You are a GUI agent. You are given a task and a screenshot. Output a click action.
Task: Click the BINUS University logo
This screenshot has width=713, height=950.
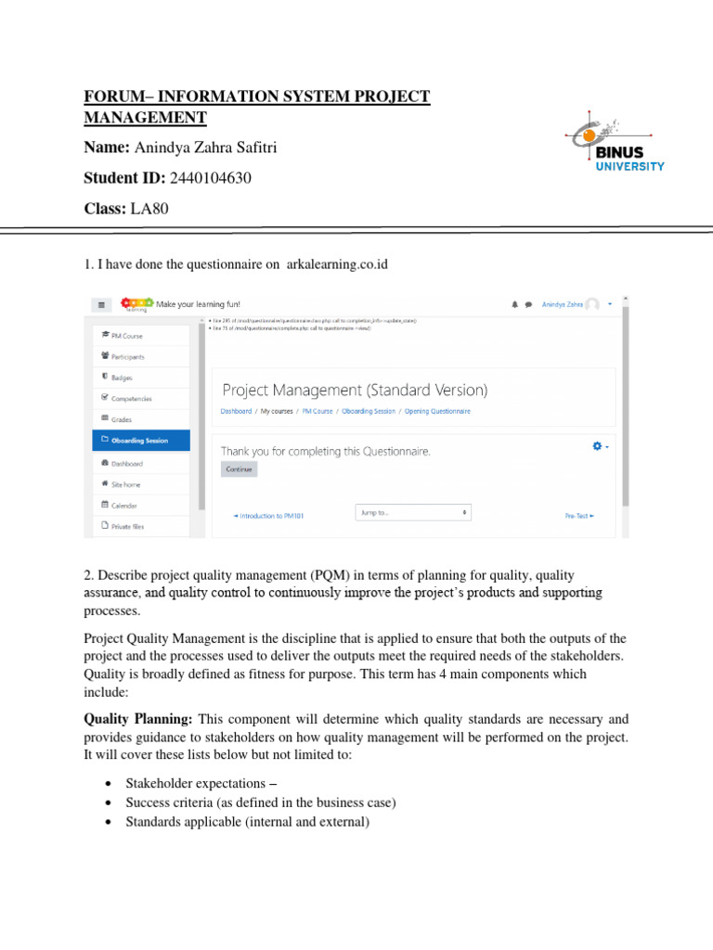[616, 148]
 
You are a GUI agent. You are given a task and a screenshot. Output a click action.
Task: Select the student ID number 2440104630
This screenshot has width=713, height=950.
[211, 177]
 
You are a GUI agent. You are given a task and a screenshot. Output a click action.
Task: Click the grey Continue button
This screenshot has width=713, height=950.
[240, 469]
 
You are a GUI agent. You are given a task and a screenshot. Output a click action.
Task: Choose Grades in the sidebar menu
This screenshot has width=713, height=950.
[122, 419]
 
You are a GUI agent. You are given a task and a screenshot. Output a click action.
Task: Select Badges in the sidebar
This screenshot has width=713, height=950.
[122, 378]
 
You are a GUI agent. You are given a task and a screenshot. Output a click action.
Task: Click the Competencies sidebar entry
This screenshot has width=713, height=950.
[131, 399]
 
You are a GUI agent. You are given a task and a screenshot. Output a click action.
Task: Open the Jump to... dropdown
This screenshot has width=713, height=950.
[412, 512]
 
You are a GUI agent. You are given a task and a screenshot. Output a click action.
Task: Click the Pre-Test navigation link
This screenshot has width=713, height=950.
[579, 516]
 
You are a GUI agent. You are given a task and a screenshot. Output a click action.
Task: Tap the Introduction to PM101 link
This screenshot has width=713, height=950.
[270, 516]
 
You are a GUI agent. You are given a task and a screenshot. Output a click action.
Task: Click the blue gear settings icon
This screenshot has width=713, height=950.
[598, 446]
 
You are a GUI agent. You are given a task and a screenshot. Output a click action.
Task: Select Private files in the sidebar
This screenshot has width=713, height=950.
[127, 526]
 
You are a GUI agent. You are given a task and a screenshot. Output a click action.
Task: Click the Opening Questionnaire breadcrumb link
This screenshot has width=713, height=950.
[437, 411]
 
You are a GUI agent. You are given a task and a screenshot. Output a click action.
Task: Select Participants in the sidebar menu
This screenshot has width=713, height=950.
[127, 356]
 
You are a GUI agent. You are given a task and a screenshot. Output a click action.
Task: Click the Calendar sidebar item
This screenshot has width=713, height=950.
[123, 506]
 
